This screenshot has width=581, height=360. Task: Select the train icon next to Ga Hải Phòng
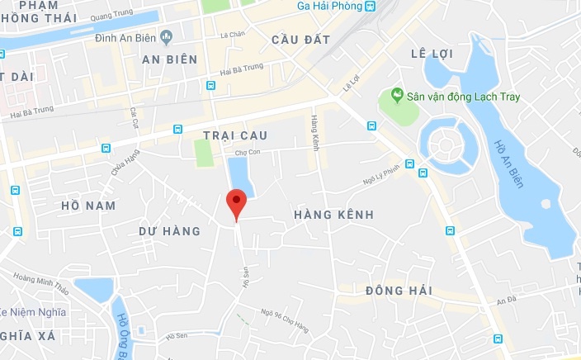(x=370, y=6)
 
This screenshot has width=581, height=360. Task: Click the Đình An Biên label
(x=125, y=36)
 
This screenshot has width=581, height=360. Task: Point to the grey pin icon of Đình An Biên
(x=166, y=36)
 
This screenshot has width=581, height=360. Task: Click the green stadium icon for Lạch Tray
(x=397, y=97)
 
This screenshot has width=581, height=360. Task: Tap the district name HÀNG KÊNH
(x=334, y=215)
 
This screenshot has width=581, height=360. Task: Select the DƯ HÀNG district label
(x=170, y=231)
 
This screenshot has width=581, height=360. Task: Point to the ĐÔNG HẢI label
(x=399, y=291)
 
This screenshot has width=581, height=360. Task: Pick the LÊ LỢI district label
(x=432, y=54)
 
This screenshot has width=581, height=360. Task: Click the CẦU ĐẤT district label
(x=300, y=40)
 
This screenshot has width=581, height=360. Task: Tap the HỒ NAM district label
(x=88, y=205)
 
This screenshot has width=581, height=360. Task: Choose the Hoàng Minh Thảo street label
(x=38, y=279)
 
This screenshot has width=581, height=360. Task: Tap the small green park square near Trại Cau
(x=203, y=153)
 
